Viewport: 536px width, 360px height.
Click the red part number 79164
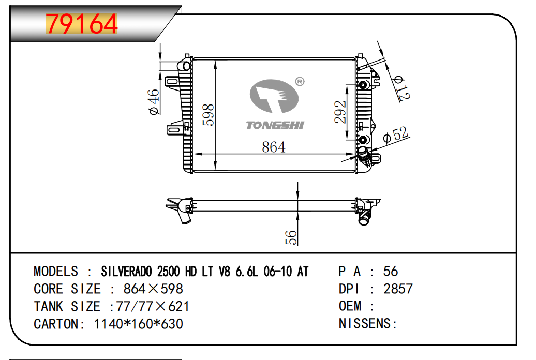(82, 24)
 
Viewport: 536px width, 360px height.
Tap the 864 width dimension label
(274, 147)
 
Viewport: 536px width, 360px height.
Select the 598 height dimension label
(208, 115)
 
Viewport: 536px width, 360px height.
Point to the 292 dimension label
(340, 112)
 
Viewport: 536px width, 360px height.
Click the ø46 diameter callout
(154, 102)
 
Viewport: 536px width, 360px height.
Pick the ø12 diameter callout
(401, 88)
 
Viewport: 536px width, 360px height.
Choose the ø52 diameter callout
(395, 134)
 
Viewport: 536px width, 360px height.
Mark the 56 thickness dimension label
(291, 237)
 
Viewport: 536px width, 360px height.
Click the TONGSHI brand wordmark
(275, 125)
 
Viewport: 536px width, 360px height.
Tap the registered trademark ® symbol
(300, 82)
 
